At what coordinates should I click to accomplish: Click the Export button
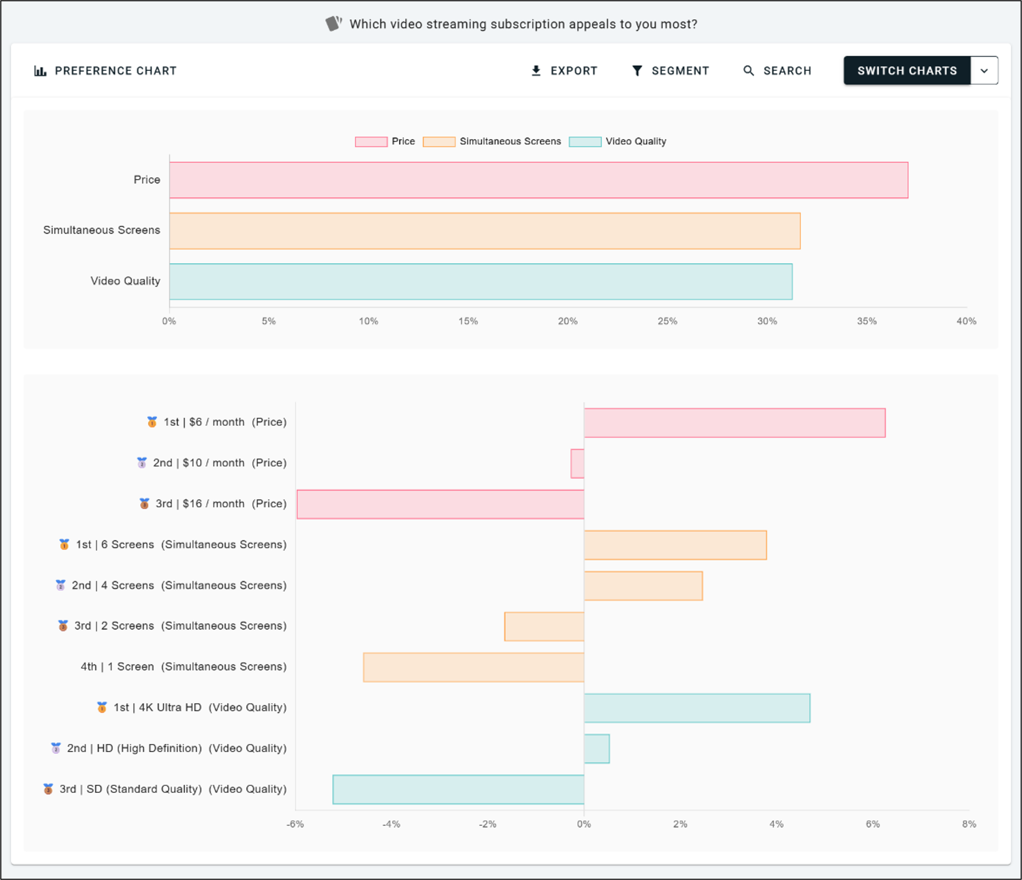click(564, 71)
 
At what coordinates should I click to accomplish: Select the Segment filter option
click(670, 71)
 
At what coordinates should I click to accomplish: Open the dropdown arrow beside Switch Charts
click(984, 71)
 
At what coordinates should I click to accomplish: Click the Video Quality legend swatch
click(585, 141)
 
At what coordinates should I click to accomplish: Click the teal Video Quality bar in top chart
click(481, 281)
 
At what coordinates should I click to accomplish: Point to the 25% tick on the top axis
click(667, 321)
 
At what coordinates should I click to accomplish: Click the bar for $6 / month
click(735, 422)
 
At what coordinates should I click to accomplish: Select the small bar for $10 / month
click(578, 463)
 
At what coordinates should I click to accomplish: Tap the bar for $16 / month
click(440, 504)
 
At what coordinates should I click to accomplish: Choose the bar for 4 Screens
click(643, 586)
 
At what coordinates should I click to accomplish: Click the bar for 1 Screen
click(473, 667)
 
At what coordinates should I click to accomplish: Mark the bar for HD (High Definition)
click(597, 748)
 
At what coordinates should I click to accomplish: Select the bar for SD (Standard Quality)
click(458, 789)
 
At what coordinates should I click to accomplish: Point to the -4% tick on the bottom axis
click(391, 824)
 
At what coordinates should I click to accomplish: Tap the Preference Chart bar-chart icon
click(40, 71)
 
